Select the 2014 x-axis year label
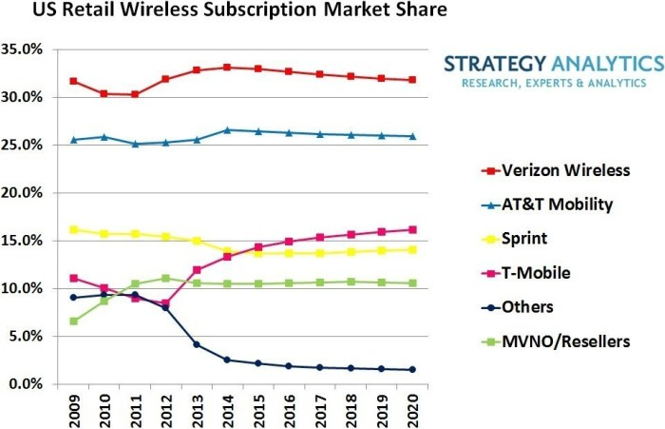pyautogui.click(x=226, y=408)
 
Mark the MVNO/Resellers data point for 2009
pyautogui.click(x=73, y=322)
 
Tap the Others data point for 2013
pyautogui.click(x=196, y=344)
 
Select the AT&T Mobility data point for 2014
pyautogui.click(x=226, y=130)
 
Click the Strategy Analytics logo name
pyautogui.click(x=552, y=65)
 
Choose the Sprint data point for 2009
pyautogui.click(x=73, y=229)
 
